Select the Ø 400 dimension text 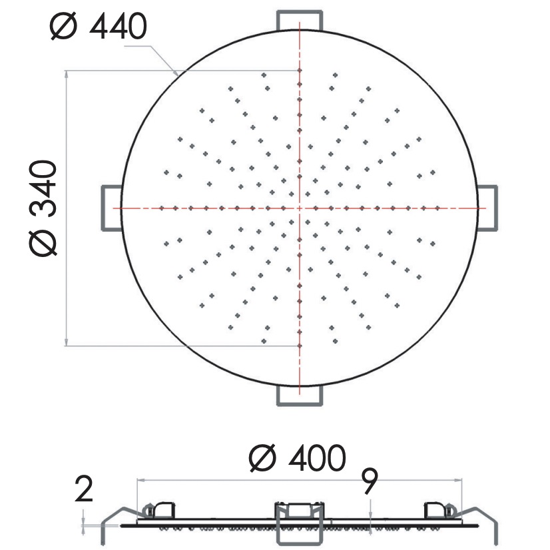point(297,458)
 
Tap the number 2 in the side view point(84,491)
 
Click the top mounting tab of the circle point(300,20)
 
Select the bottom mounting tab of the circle point(300,396)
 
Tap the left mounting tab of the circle point(111,208)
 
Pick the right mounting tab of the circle point(487,208)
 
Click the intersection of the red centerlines point(300,208)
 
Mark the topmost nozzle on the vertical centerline point(300,70)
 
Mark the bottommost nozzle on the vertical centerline point(300,346)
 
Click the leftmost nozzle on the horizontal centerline point(162,208)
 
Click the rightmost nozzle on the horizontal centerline point(437,208)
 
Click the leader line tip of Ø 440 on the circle point(176,72)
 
